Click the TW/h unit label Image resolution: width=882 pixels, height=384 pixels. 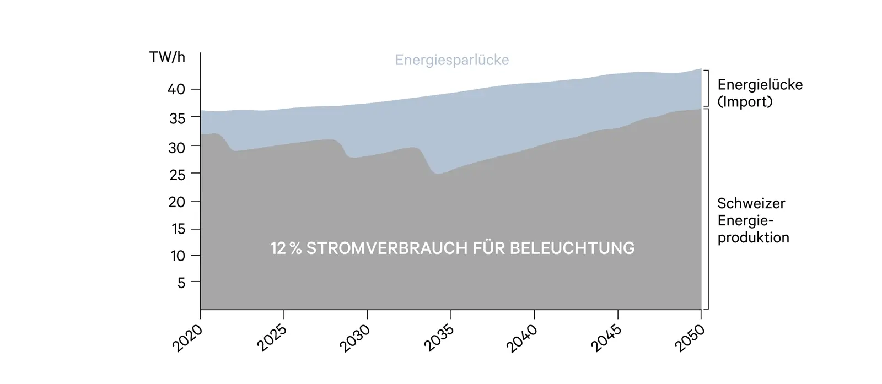[167, 57]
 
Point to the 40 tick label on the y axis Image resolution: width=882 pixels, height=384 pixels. [176, 89]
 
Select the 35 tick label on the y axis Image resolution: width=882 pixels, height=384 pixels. [176, 118]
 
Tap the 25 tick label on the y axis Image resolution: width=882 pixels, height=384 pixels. [176, 175]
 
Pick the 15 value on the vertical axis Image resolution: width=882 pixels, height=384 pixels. [178, 229]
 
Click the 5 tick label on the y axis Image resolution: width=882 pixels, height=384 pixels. [181, 283]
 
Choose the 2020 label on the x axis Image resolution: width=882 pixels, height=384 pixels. [187, 338]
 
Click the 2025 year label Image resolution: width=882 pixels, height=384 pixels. [272, 338]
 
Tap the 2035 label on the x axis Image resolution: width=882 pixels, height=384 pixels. [439, 338]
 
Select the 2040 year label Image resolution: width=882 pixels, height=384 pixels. [522, 338]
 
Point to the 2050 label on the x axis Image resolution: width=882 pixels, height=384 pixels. [690, 338]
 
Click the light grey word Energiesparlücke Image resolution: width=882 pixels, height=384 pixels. [452, 60]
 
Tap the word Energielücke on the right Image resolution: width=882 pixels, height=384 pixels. [760, 85]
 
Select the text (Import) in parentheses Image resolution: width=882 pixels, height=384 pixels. [745, 102]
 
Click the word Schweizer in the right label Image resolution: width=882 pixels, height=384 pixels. [751, 203]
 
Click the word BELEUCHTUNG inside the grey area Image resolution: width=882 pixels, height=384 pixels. [572, 248]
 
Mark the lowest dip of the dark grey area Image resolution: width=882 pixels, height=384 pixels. [438, 175]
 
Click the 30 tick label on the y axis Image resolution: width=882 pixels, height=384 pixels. [176, 148]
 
